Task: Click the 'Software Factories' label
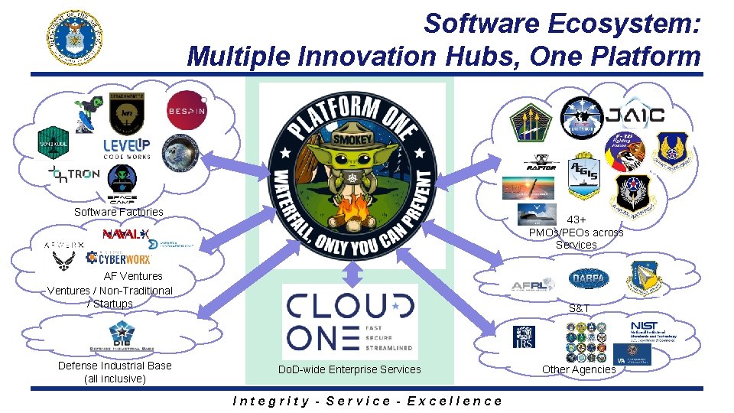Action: click(x=119, y=212)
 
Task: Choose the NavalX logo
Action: click(x=125, y=233)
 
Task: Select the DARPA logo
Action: click(x=589, y=279)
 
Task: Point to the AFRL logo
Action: click(x=531, y=285)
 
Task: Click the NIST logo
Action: click(x=650, y=330)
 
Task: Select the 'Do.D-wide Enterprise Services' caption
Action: click(x=349, y=369)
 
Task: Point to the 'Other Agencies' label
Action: click(x=579, y=369)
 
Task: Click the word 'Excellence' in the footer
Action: click(x=455, y=401)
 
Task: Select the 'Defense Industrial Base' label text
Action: click(x=115, y=366)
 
